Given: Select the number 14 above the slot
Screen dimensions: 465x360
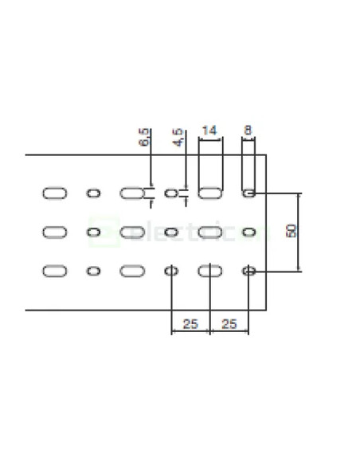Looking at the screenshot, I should point(209,130).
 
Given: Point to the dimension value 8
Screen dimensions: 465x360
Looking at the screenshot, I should point(249,130).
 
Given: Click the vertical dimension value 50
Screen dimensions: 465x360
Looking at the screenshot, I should point(292,232).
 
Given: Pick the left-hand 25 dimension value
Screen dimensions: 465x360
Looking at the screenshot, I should point(190,323).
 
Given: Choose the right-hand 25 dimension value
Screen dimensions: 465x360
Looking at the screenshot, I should point(229,323).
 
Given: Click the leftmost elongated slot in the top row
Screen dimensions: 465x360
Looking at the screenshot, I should point(54,193).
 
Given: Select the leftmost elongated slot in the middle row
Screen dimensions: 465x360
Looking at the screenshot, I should point(54,232).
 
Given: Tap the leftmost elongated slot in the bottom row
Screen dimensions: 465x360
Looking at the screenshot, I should point(54,271).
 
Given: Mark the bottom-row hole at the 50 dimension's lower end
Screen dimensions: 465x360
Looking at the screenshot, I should point(249,271).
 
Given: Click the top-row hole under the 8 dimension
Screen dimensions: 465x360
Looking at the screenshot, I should point(249,193).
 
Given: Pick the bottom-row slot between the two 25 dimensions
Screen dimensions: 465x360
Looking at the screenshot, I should point(209,271).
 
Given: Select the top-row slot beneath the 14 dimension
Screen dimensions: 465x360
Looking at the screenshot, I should point(209,193).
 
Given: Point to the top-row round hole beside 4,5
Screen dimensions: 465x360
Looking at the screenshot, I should point(170,193).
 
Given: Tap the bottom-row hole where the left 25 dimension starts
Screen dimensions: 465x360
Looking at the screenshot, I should point(170,271).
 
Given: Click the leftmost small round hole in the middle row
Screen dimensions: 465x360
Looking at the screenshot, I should point(93,232).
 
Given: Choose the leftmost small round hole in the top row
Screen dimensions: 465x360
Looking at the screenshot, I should point(93,193).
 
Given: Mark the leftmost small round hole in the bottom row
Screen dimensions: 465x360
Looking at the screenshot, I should point(93,271).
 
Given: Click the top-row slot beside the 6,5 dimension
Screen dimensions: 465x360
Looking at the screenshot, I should point(131,193).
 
